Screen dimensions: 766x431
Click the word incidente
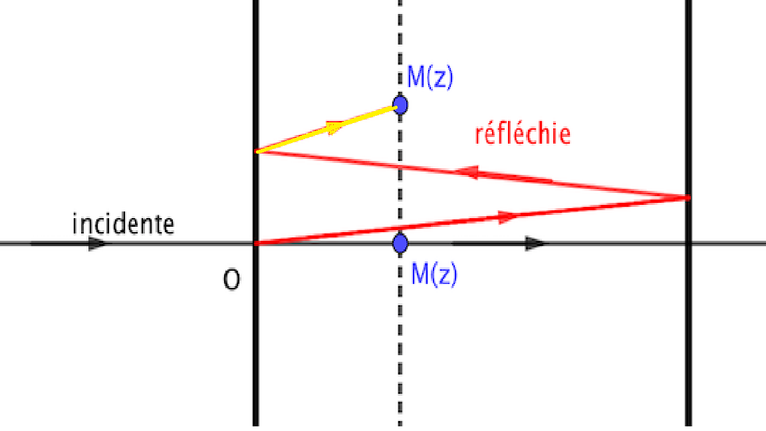[x=123, y=224]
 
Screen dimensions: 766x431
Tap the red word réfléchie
[x=523, y=134]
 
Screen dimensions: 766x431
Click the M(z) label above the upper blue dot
[x=430, y=78]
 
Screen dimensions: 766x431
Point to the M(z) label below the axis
[x=434, y=274]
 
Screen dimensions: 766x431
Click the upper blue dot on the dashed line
[x=400, y=105]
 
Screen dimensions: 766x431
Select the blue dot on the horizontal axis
[x=400, y=243]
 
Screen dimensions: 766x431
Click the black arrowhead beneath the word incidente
[x=98, y=243]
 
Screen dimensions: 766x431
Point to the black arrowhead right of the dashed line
[x=535, y=243]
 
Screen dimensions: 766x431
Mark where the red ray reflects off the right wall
[x=688, y=197]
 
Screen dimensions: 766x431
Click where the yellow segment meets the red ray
[x=257, y=152]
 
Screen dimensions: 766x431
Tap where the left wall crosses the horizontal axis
[x=256, y=243]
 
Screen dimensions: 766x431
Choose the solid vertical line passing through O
[x=256, y=346]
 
